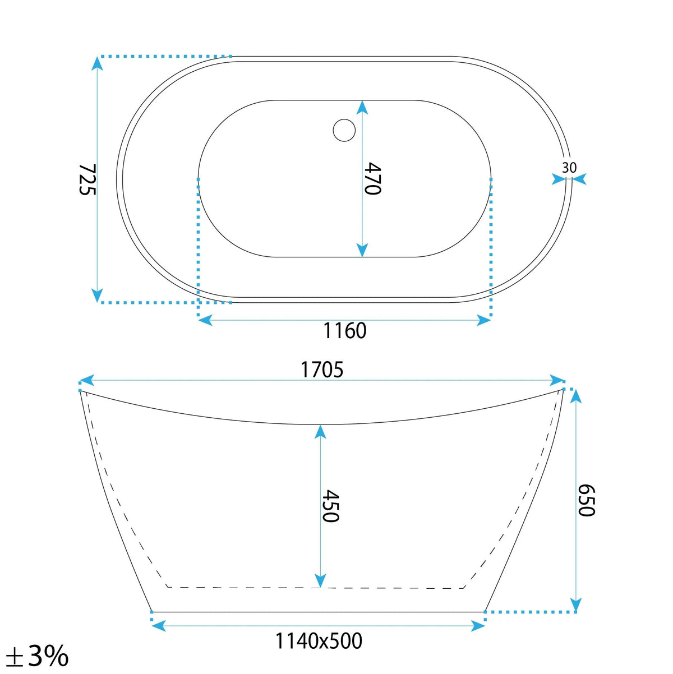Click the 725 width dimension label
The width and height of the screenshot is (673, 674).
point(87,179)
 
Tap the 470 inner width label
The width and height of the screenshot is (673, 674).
point(372,178)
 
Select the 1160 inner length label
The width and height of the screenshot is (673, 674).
point(345,330)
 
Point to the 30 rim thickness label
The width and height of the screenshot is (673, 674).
point(569,168)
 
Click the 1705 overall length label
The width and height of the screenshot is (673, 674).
point(322,370)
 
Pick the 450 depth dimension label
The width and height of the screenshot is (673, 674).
point(330,506)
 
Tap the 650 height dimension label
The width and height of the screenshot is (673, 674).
point(586,500)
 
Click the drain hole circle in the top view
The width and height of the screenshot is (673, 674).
point(344,130)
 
